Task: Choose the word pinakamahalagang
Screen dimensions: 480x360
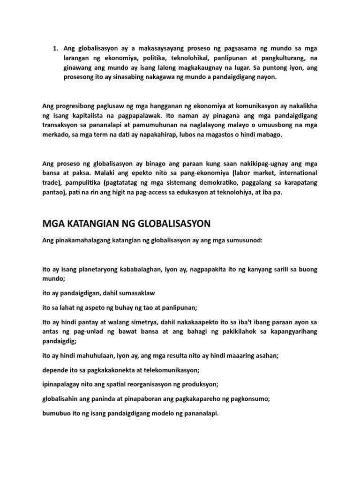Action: pyautogui.click(x=82, y=240)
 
